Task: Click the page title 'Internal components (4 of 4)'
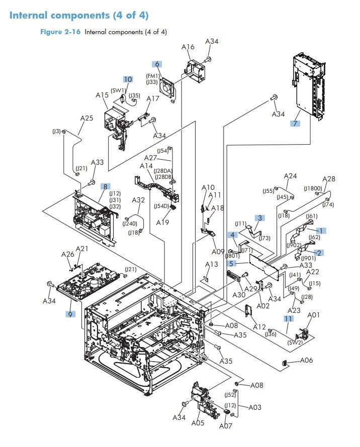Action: (x=79, y=15)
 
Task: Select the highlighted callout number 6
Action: (x=157, y=64)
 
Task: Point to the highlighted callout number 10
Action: (x=128, y=80)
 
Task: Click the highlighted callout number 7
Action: (x=295, y=123)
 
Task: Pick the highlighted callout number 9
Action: (x=70, y=314)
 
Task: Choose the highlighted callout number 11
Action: (x=288, y=319)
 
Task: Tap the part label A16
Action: (x=188, y=48)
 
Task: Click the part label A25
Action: (x=87, y=119)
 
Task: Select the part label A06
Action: (x=307, y=361)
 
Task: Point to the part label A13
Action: (x=211, y=265)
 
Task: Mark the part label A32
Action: (x=138, y=200)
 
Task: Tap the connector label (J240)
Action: (x=130, y=224)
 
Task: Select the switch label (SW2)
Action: (x=295, y=343)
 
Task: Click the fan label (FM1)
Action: (x=153, y=76)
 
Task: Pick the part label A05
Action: (x=198, y=423)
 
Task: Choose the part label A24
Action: (x=290, y=176)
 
